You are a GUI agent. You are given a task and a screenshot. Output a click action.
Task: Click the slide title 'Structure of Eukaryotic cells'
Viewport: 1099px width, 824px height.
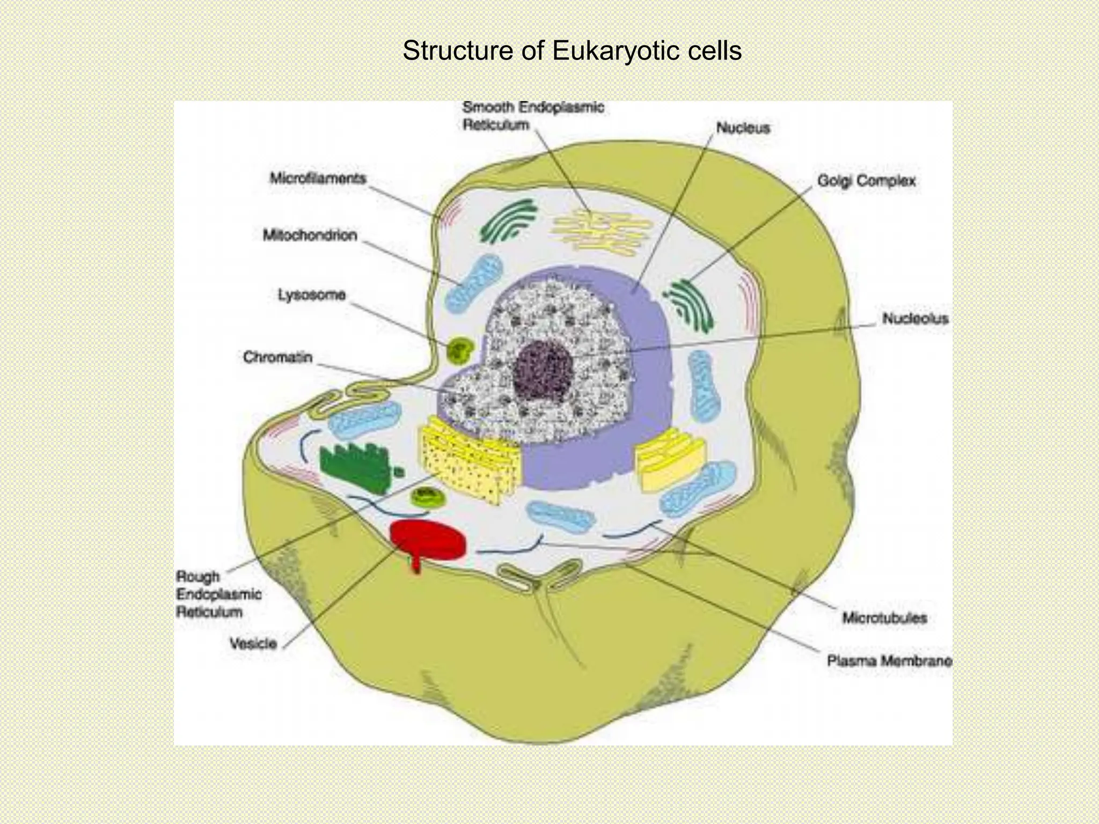(572, 51)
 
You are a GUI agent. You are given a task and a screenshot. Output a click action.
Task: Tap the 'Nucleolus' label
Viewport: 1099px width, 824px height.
(915, 319)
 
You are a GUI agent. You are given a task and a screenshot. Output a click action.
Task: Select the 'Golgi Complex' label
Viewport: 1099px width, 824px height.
(866, 181)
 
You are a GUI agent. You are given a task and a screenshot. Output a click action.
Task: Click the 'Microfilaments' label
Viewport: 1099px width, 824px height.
(318, 178)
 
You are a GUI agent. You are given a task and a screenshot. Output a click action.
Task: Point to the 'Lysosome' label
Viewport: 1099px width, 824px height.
(311, 295)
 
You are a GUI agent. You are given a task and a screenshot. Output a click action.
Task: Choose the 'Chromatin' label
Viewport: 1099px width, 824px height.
(277, 357)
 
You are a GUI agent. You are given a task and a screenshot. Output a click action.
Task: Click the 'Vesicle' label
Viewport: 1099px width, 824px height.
(253, 643)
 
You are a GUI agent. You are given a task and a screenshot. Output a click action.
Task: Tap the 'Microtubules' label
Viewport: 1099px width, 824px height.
(884, 618)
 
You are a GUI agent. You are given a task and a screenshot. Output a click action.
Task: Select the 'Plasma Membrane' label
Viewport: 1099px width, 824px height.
(889, 661)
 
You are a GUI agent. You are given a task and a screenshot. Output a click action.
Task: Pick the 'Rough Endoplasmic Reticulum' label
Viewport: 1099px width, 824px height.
(218, 594)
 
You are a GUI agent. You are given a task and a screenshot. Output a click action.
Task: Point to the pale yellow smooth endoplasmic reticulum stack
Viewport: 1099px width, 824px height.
(602, 232)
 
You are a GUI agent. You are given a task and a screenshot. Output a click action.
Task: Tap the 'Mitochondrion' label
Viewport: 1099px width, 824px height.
(310, 235)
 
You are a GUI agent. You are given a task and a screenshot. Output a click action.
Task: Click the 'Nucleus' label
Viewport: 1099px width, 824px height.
(743, 128)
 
